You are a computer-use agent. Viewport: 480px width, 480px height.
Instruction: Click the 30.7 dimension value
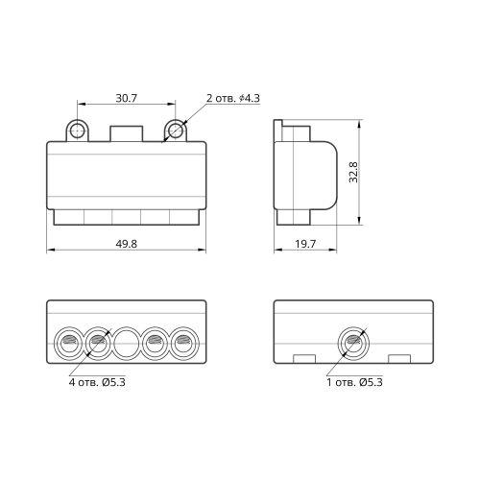click(x=127, y=98)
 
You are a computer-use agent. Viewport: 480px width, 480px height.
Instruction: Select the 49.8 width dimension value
click(x=127, y=244)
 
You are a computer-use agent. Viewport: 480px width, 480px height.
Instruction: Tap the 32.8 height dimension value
click(x=353, y=172)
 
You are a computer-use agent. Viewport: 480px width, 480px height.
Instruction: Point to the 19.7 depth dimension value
click(x=305, y=244)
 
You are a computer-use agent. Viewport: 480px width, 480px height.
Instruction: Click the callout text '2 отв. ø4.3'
click(x=233, y=98)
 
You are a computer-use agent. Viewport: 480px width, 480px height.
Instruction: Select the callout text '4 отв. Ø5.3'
click(x=97, y=382)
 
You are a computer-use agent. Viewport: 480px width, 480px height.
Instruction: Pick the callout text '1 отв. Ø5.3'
click(x=354, y=382)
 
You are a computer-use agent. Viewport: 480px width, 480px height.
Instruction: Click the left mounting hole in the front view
click(x=77, y=131)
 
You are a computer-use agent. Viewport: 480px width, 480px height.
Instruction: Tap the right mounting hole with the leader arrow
click(x=176, y=131)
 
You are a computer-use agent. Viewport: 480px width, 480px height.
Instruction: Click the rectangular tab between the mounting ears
click(x=127, y=133)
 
